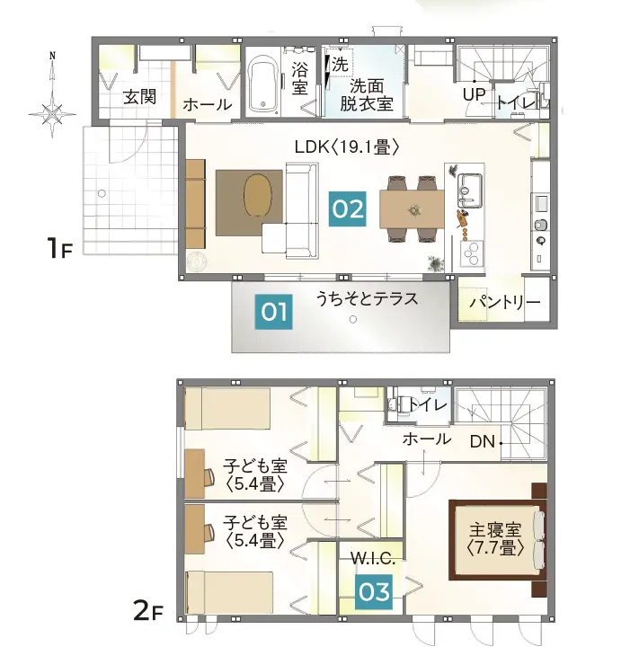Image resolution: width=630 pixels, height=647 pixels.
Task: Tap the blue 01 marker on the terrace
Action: point(274,312)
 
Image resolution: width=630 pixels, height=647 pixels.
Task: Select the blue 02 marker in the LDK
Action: point(348,208)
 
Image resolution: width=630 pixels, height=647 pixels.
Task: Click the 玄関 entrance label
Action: point(141,97)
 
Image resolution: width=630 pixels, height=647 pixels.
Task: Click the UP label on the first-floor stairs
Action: point(474,93)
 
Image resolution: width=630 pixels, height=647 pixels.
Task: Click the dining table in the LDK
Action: point(412,209)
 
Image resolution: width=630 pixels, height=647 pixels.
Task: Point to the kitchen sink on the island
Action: point(473,188)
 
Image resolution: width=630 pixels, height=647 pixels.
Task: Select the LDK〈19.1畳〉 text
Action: point(346,146)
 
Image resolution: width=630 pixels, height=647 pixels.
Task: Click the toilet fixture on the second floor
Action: point(397,405)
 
